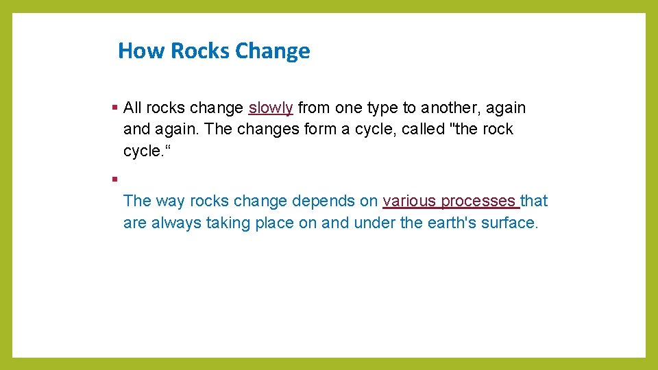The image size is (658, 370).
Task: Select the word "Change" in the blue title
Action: [x=272, y=51]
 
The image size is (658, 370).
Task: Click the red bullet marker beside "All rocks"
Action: [x=114, y=108]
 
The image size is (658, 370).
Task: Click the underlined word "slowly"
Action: [x=271, y=108]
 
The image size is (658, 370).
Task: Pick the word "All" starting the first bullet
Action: [x=132, y=108]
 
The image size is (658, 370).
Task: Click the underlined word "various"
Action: [x=410, y=201]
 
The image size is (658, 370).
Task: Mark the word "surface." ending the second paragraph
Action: [x=509, y=223]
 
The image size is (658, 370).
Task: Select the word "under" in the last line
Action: [x=373, y=223]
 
